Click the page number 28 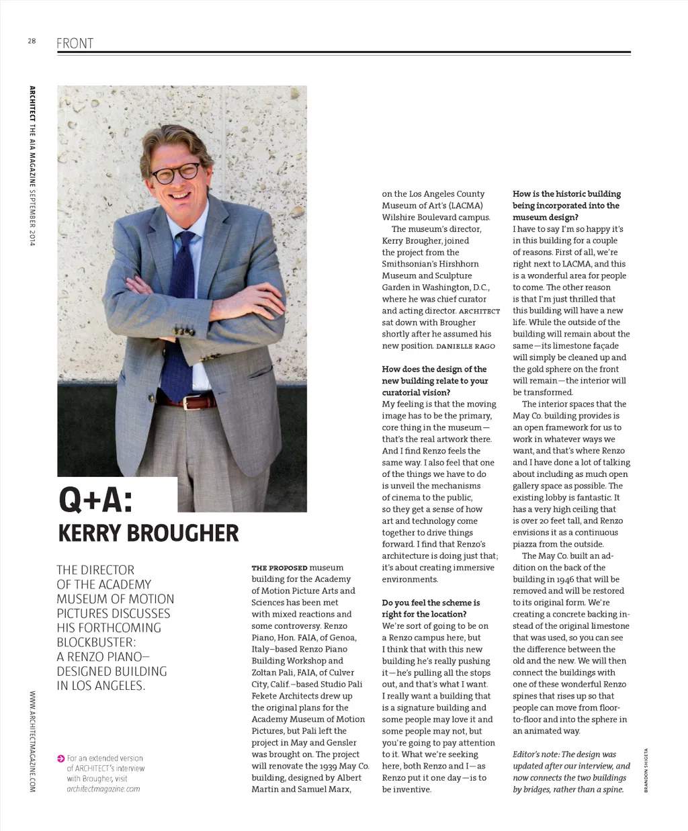click(x=32, y=41)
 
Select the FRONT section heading click(x=75, y=44)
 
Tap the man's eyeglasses click(x=175, y=172)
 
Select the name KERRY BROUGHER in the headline click(x=148, y=533)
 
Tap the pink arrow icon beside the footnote click(x=61, y=758)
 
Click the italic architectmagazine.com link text click(x=103, y=789)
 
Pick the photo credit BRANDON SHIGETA click(x=646, y=770)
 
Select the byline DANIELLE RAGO click(x=466, y=346)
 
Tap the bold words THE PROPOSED click(x=279, y=568)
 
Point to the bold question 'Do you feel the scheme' click(x=431, y=603)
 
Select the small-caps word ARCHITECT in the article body click(x=479, y=311)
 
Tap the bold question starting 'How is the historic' click(x=566, y=194)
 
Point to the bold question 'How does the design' click(x=434, y=369)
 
